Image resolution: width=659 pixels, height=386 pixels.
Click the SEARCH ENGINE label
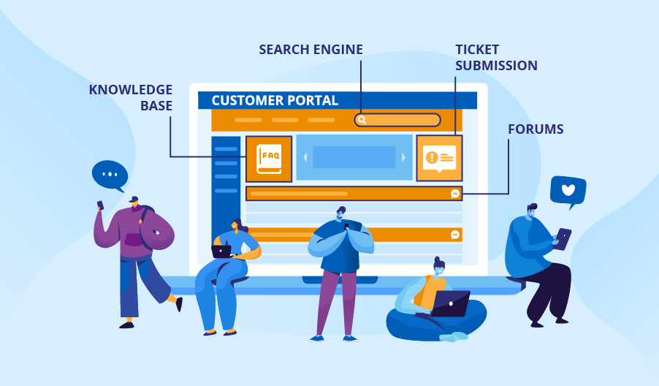tap(311, 50)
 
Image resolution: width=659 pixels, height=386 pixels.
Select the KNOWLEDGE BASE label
tap(131, 97)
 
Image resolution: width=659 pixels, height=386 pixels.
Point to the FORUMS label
tap(536, 129)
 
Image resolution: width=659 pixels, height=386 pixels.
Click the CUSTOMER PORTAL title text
tap(275, 101)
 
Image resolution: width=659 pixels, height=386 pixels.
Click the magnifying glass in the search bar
tap(362, 120)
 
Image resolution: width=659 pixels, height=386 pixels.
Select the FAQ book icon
tap(269, 158)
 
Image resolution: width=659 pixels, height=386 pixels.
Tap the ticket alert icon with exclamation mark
tap(439, 157)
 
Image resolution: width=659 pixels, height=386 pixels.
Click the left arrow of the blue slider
tap(306, 157)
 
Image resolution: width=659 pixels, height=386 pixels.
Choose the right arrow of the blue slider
tap(403, 157)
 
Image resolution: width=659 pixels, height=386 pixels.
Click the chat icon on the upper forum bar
tap(455, 194)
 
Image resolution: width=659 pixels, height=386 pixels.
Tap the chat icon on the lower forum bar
tap(455, 235)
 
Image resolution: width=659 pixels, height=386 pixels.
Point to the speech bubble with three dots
tap(110, 175)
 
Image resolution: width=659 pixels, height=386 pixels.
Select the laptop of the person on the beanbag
tap(450, 303)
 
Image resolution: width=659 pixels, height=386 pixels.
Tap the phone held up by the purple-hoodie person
tap(100, 205)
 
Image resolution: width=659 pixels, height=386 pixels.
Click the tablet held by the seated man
tap(563, 238)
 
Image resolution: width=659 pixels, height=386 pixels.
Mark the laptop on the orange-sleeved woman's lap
tap(221, 251)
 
